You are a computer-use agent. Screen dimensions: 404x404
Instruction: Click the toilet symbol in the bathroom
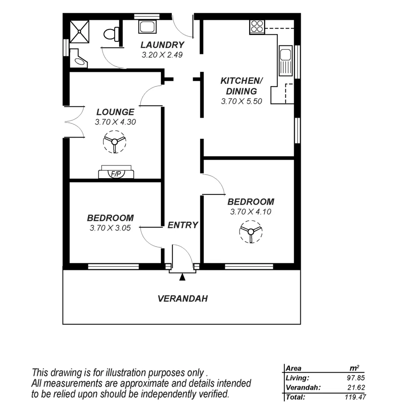click(111, 34)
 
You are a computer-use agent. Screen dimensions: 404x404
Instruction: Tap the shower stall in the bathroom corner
click(80, 32)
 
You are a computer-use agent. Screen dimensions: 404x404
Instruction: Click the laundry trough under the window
click(147, 27)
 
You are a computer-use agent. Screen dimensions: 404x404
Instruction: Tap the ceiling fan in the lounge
click(114, 142)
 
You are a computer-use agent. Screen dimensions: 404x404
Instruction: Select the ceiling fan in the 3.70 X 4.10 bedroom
click(251, 232)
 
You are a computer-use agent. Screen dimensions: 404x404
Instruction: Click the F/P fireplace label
click(116, 174)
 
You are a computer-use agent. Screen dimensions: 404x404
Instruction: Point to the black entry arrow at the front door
click(182, 277)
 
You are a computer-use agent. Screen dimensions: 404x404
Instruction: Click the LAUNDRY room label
click(162, 45)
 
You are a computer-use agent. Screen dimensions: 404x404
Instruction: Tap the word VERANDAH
click(182, 299)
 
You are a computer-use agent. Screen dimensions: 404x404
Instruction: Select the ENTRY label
click(183, 225)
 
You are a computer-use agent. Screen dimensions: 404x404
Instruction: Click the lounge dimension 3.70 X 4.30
click(115, 122)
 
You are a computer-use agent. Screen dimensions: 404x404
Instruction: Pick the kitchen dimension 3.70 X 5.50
click(241, 101)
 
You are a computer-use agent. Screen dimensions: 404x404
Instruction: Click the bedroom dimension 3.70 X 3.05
click(110, 228)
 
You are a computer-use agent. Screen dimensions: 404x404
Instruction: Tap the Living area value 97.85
click(356, 378)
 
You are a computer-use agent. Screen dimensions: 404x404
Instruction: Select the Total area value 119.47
click(355, 397)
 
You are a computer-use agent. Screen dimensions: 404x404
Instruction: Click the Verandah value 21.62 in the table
click(356, 388)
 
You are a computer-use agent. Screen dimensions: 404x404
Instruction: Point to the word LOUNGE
click(115, 112)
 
